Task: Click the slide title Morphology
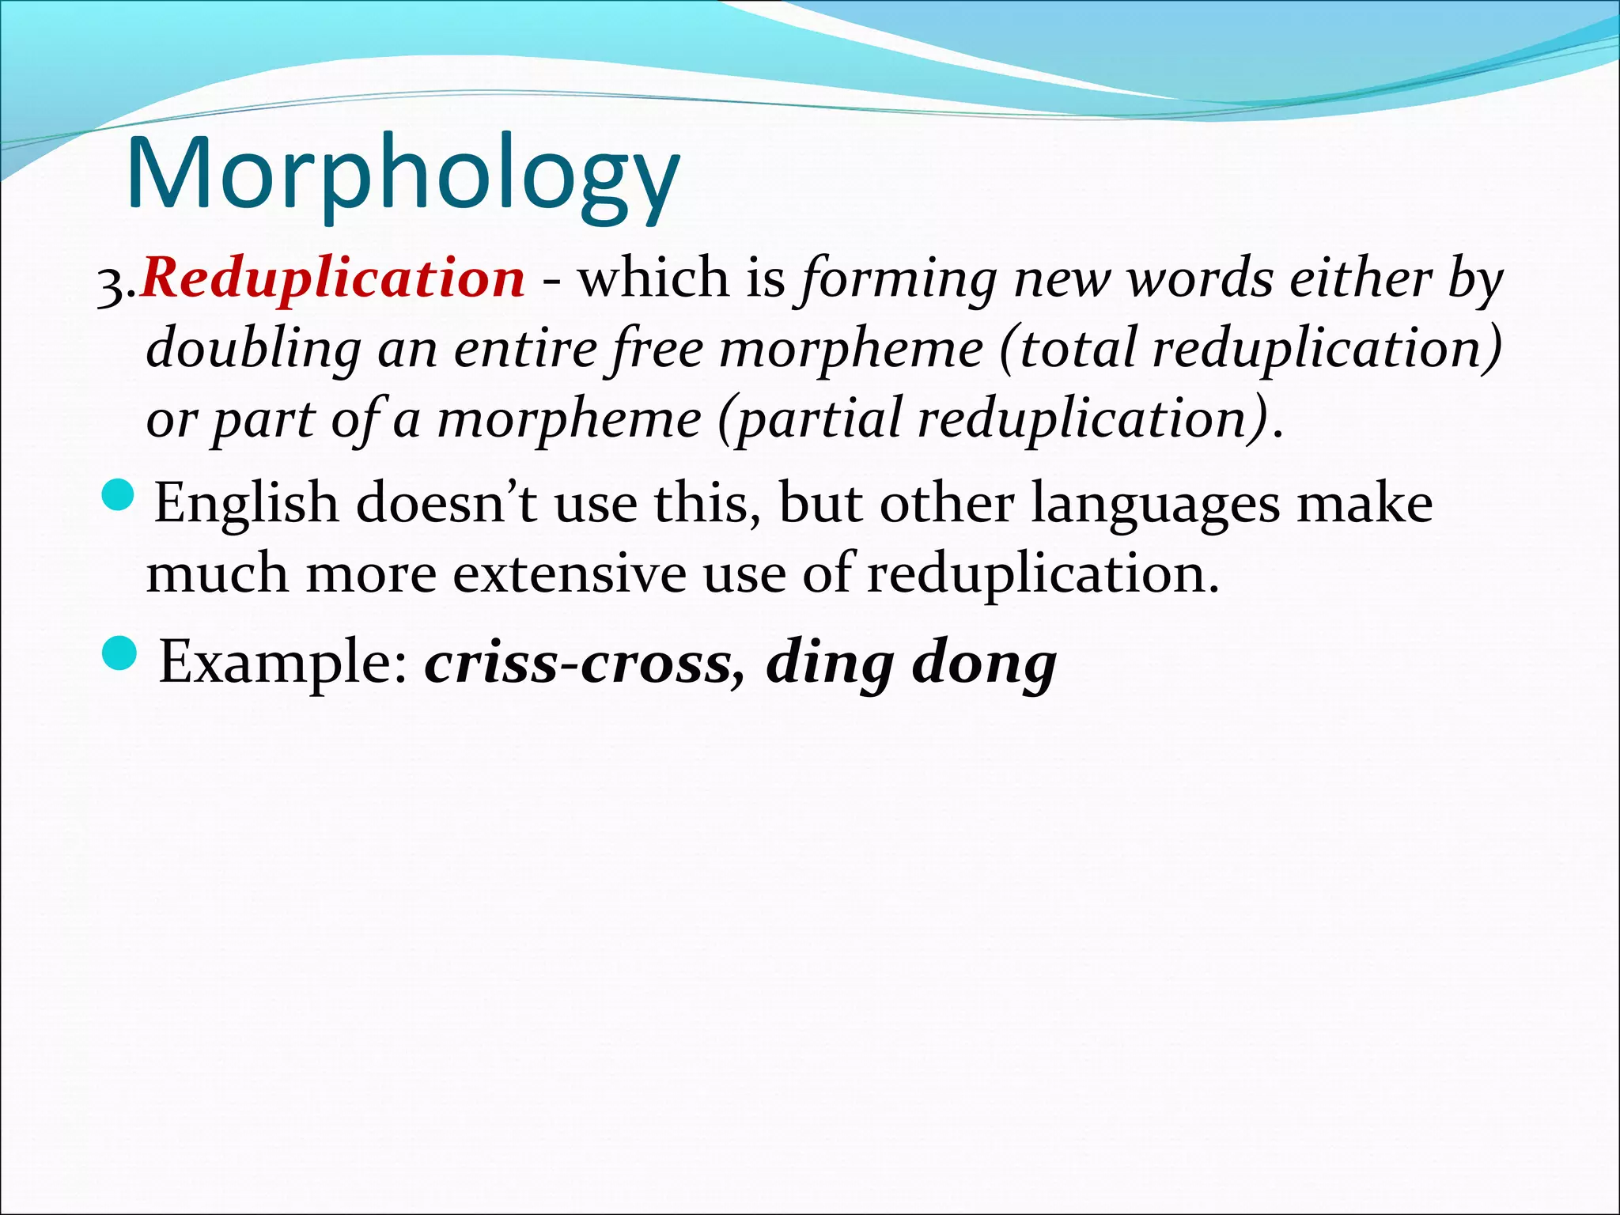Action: [x=402, y=176]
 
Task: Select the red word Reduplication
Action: [x=332, y=278]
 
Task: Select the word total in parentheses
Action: [x=1076, y=348]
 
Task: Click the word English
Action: [x=246, y=504]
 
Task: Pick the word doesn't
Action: [x=446, y=502]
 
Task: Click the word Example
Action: [x=283, y=663]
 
